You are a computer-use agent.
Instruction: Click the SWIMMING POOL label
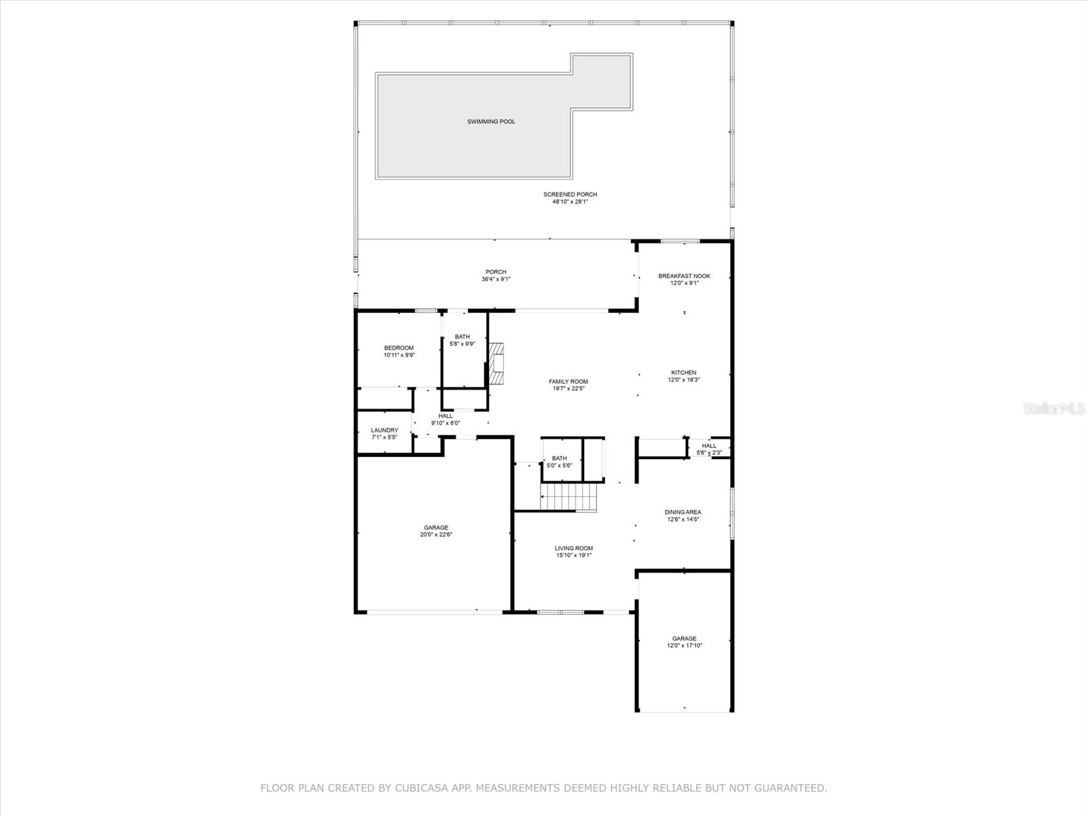[x=491, y=122]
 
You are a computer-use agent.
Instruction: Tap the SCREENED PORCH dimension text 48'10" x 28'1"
[x=570, y=202]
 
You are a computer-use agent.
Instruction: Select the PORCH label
[x=496, y=272]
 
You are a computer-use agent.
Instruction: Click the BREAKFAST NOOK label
[x=684, y=276]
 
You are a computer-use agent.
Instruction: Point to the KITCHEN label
[x=683, y=373]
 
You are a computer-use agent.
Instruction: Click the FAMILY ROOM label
[x=568, y=381]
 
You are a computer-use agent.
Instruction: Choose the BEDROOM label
[x=398, y=348]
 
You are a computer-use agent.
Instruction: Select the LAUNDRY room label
[x=384, y=430]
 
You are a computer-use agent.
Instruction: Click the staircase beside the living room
[x=568, y=496]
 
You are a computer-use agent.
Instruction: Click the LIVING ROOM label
[x=574, y=548]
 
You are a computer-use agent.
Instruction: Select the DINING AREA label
[x=683, y=512]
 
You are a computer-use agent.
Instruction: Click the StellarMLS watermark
[x=1054, y=409]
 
